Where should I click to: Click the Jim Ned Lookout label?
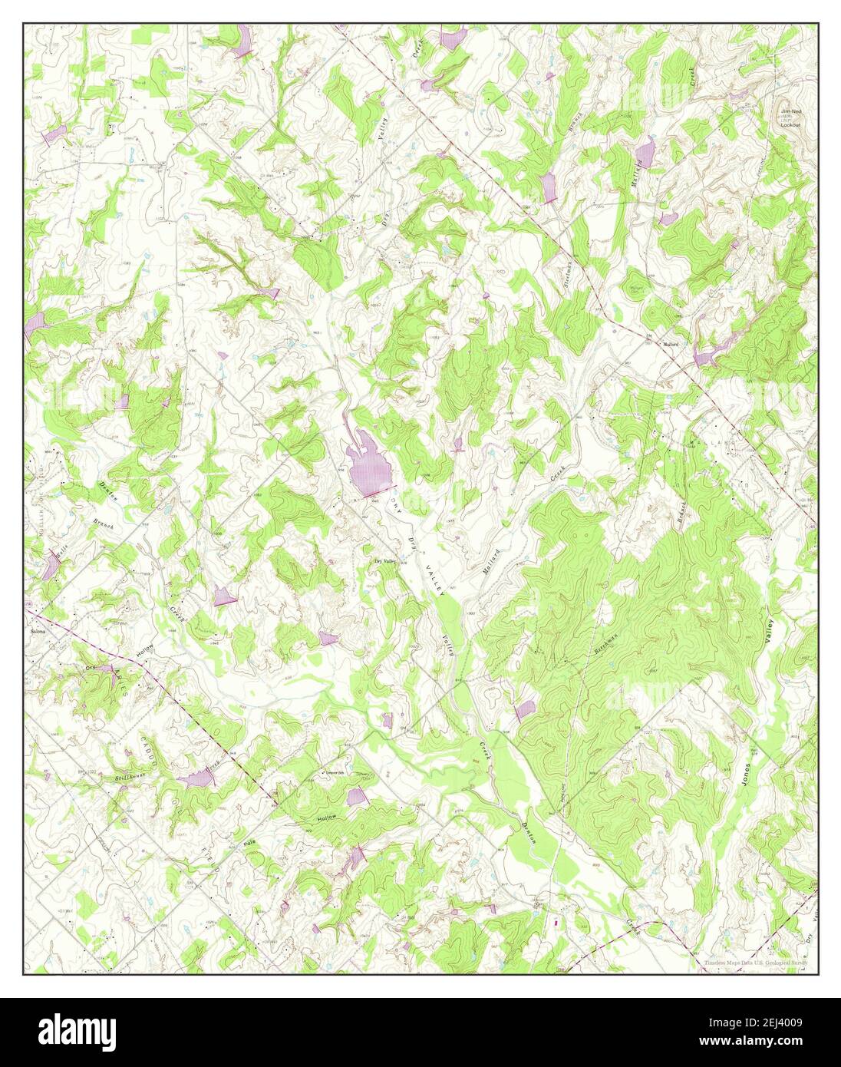(790, 117)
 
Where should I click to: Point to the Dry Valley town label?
(385, 561)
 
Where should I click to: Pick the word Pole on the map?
(248, 842)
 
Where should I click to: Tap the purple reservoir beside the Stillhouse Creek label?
(197, 779)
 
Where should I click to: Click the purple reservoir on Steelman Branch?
(548, 187)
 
